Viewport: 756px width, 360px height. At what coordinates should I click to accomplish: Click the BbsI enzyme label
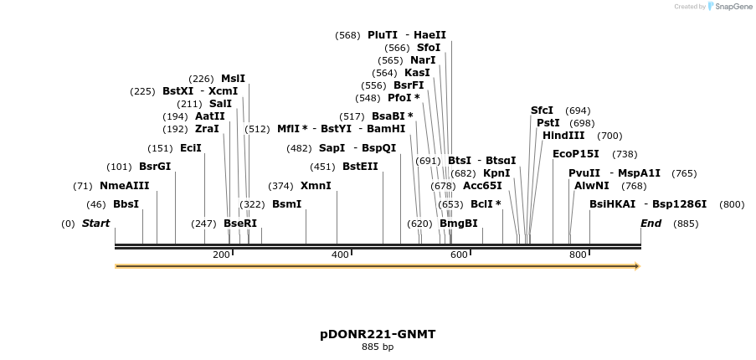click(126, 204)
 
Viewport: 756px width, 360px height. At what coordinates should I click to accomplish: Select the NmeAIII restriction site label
click(124, 186)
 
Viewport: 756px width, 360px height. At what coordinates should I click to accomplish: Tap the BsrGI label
click(155, 167)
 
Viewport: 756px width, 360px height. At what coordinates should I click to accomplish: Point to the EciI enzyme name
click(191, 148)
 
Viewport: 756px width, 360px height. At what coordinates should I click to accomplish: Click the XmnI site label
click(316, 186)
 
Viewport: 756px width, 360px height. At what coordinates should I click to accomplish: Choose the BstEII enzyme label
click(360, 167)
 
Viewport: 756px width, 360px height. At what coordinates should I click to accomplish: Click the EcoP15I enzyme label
click(576, 154)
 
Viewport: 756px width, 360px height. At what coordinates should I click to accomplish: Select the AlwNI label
click(592, 186)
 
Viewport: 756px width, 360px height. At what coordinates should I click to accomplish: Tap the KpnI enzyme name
click(496, 173)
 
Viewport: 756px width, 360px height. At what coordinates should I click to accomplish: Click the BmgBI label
click(459, 224)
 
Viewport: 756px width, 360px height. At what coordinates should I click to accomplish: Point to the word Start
click(95, 224)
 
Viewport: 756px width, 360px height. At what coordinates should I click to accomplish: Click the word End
click(651, 224)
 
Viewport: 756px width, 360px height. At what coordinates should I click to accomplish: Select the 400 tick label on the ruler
click(340, 255)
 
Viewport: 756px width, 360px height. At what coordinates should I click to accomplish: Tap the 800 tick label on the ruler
click(578, 255)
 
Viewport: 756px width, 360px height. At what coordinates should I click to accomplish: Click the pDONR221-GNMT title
click(378, 334)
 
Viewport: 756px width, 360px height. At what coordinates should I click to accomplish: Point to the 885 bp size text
click(378, 347)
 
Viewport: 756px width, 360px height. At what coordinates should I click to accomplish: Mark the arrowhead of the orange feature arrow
click(637, 266)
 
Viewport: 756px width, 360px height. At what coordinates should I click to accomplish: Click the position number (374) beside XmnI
click(280, 186)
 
